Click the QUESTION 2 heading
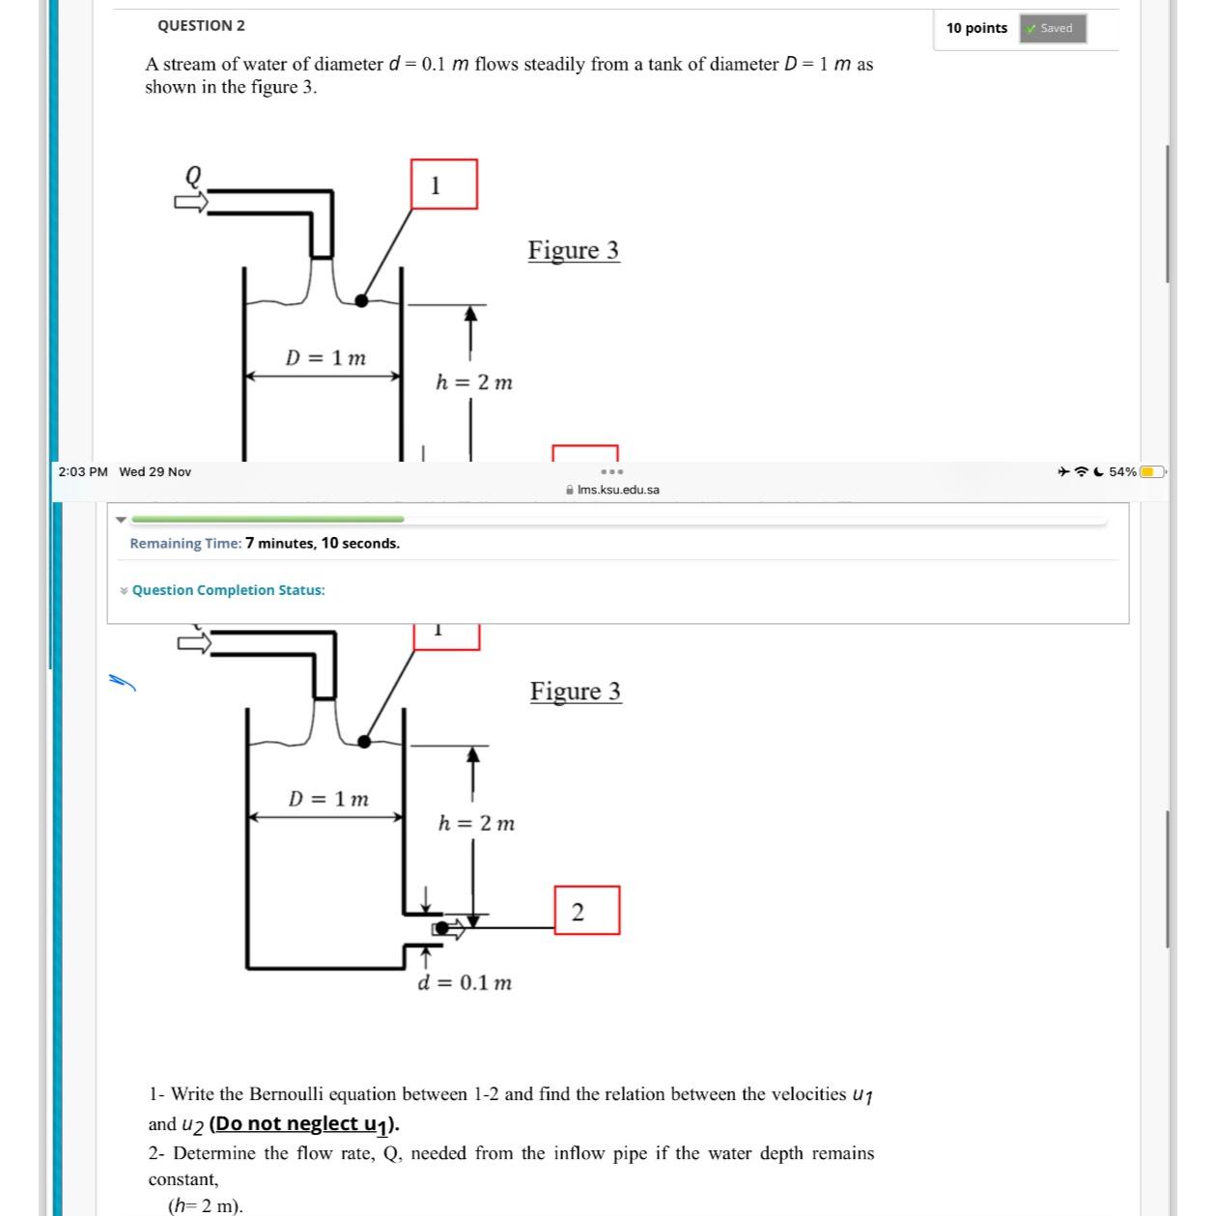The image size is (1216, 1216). point(201,26)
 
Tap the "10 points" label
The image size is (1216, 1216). point(976,28)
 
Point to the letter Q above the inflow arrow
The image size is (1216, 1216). point(193,176)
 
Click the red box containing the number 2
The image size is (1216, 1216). point(586,911)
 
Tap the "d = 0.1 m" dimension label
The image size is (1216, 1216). point(465,983)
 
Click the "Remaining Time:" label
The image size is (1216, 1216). point(185,543)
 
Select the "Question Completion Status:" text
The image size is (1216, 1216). point(228,590)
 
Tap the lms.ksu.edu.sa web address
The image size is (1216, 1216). point(618,490)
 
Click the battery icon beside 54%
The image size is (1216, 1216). point(1152,472)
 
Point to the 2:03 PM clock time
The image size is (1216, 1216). point(83,471)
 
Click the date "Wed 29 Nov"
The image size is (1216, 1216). point(155,471)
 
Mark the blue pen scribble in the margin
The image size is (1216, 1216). point(122,682)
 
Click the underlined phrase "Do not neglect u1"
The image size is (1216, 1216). point(303,1124)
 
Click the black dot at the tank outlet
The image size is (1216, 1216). point(440,928)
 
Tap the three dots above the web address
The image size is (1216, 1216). point(612,472)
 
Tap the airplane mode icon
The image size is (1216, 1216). point(1062,472)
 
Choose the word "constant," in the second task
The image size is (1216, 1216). point(184,1179)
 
